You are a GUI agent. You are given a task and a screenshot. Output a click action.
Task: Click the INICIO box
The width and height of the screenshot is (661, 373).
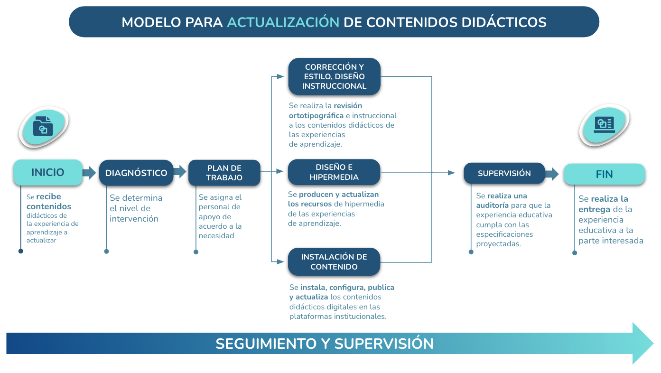click(48, 172)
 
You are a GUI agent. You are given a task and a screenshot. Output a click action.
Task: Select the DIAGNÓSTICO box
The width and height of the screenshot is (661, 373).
click(136, 173)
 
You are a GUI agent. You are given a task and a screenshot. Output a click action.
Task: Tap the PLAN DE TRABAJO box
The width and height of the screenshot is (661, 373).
click(224, 173)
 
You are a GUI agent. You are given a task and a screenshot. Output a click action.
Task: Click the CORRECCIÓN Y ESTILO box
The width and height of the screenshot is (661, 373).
click(335, 76)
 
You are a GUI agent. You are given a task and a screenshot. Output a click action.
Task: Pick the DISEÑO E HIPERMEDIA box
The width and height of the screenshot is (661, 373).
click(334, 172)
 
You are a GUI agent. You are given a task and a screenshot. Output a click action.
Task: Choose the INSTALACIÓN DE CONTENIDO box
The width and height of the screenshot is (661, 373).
click(334, 262)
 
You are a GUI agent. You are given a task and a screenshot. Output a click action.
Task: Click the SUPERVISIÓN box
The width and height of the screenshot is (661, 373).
click(504, 173)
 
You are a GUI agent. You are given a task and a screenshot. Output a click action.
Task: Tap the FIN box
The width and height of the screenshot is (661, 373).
click(605, 174)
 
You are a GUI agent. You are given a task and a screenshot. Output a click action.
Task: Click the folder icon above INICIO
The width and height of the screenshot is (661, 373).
click(43, 126)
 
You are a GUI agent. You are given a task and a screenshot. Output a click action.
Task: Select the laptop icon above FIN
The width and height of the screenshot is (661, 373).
click(605, 124)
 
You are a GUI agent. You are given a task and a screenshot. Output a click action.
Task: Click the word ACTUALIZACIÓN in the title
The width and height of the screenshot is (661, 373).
click(283, 22)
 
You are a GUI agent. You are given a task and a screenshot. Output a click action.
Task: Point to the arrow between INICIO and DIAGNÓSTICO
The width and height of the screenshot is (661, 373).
click(89, 173)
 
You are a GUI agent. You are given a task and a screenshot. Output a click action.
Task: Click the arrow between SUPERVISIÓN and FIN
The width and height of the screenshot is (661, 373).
click(552, 174)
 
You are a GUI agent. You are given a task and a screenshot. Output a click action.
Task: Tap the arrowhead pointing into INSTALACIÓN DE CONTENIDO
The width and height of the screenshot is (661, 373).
click(280, 261)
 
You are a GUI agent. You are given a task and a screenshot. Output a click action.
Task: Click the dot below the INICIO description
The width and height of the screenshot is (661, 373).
click(21, 251)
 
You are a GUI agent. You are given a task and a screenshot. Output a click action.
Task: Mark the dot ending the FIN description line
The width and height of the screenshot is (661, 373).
click(575, 253)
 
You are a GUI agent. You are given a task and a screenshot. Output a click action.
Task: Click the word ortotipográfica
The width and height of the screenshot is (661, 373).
click(317, 115)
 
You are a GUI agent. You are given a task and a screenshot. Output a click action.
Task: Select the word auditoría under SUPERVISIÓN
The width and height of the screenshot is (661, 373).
click(492, 205)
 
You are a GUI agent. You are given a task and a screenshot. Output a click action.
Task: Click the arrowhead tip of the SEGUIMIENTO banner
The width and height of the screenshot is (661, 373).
click(654, 343)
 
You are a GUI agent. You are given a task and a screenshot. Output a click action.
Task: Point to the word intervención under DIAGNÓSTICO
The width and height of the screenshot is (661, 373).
click(134, 219)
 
